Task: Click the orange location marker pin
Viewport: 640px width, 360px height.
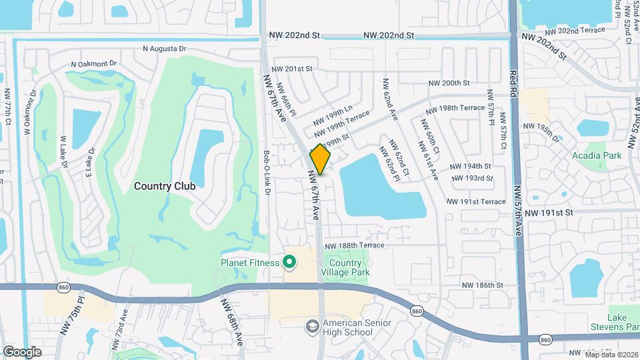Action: point(320,159)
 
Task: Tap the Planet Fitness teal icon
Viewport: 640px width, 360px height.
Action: point(289,262)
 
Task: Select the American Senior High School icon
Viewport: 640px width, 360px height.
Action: point(311,327)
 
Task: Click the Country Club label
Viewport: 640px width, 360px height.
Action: point(165,186)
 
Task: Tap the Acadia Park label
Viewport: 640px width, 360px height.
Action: point(596,155)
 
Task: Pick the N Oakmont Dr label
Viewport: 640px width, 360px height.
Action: point(94,64)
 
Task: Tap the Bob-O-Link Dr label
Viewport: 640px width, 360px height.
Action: point(267,172)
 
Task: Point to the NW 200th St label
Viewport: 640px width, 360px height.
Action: point(449,83)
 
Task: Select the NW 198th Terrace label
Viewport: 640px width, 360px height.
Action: point(454,108)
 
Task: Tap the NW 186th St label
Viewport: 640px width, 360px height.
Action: point(482,285)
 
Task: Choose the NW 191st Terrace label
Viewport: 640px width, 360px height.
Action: point(476,201)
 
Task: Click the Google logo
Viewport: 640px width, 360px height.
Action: point(22,351)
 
